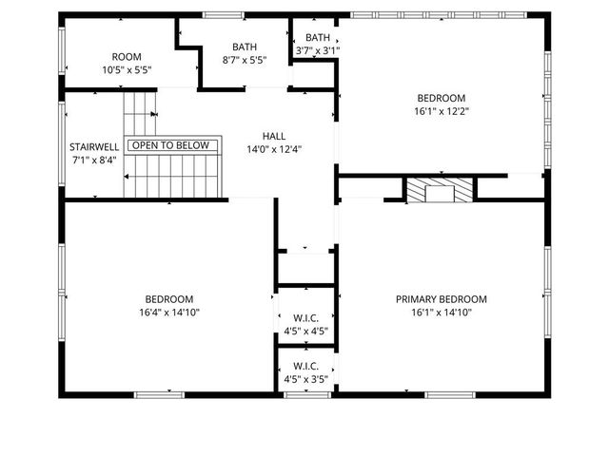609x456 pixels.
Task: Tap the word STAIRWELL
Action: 93,147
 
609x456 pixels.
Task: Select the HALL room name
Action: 274,136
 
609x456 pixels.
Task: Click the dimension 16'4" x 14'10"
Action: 168,312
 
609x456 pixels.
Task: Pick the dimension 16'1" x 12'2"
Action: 441,110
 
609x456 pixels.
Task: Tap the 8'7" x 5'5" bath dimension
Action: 244,59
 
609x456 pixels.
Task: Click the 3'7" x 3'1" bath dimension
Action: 318,50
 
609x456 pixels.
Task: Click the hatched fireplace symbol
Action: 439,189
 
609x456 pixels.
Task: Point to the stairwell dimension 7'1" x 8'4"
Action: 93,160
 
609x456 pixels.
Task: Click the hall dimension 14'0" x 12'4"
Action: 274,148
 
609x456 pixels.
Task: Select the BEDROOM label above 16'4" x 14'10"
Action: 168,298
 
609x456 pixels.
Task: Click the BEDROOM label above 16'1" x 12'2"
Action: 441,98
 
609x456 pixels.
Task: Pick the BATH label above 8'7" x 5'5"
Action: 244,47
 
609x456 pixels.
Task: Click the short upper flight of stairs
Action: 140,112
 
